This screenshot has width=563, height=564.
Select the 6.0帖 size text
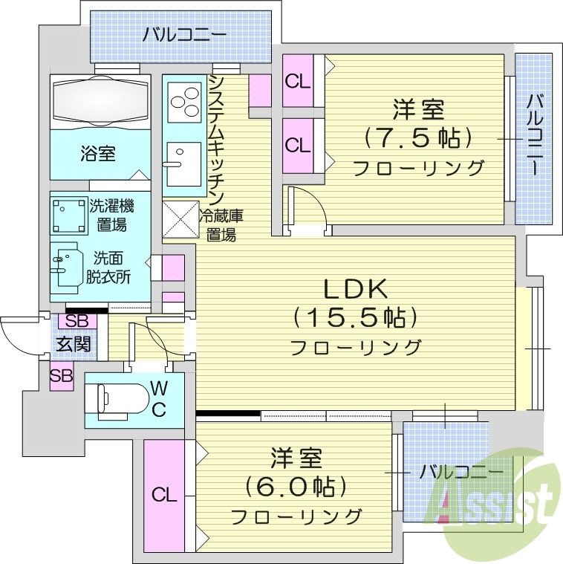tap(296, 487)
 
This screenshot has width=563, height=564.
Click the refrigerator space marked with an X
tap(180, 220)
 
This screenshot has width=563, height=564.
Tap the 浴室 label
tap(98, 154)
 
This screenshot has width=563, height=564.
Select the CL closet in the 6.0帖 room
tap(164, 494)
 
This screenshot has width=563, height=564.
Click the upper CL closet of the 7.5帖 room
tap(298, 82)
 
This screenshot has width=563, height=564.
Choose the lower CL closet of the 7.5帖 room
tap(298, 145)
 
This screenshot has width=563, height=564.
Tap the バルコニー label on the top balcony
tap(184, 34)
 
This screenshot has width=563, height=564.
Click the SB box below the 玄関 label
tap(62, 375)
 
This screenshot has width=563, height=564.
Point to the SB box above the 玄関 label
tap(77, 321)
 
